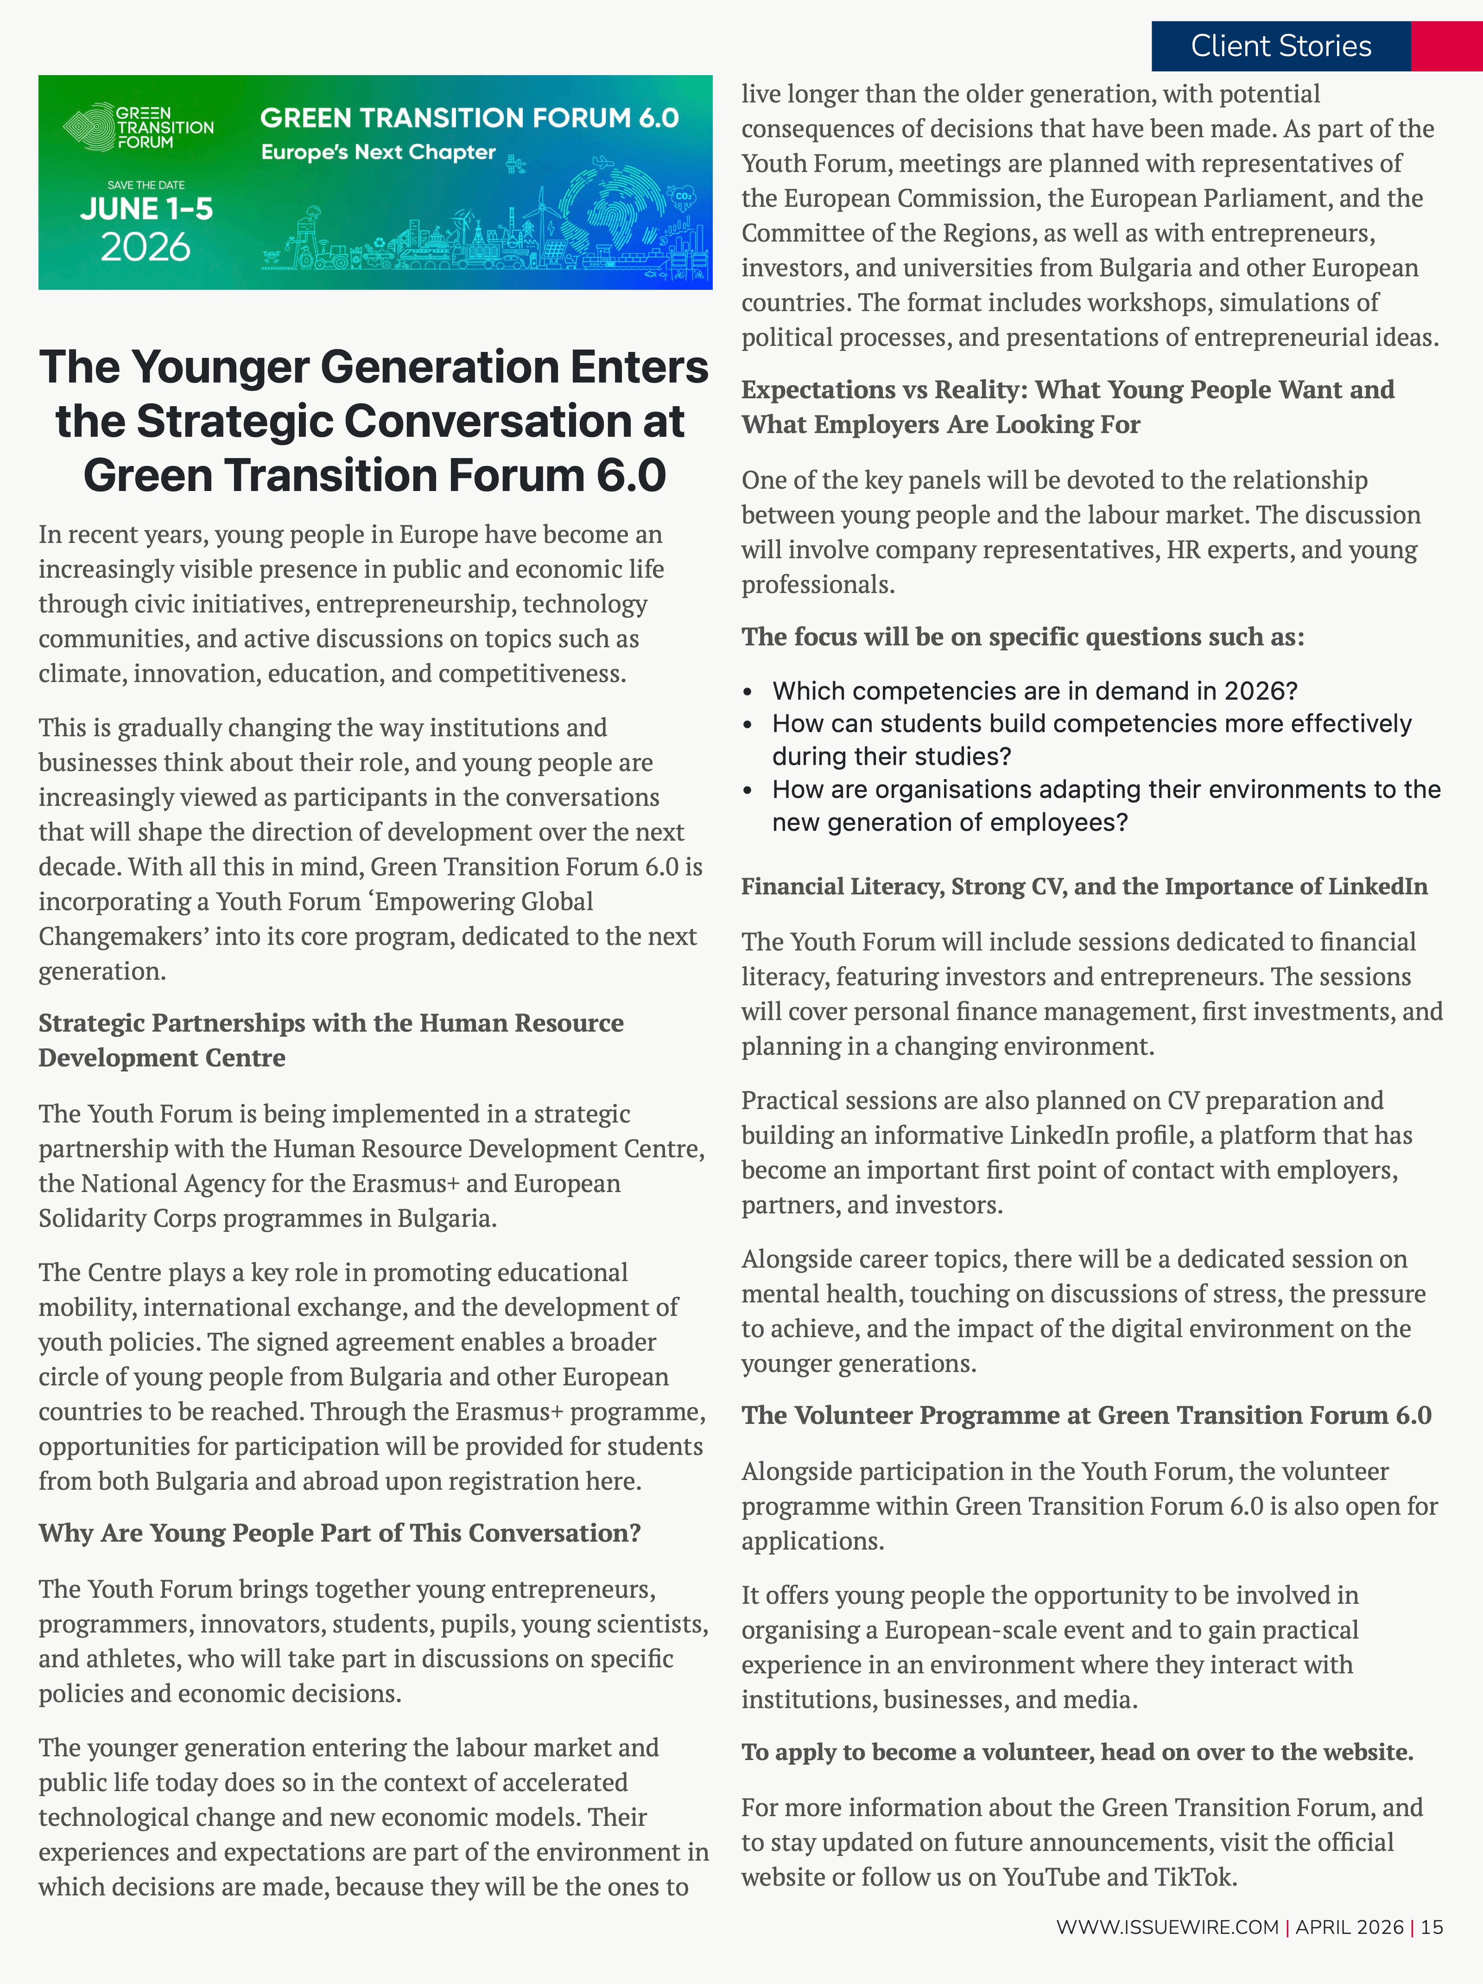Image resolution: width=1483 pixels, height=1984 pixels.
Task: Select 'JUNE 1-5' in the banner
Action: click(146, 209)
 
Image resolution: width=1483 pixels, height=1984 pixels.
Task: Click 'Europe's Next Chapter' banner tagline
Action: click(378, 153)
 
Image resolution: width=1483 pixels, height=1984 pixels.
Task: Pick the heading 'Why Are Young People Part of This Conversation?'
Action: click(339, 1533)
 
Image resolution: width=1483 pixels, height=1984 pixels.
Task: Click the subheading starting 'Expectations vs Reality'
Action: click(1067, 406)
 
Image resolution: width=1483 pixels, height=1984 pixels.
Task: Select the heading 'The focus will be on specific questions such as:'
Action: click(1022, 637)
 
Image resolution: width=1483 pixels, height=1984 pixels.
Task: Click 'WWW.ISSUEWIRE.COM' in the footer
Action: click(1166, 1927)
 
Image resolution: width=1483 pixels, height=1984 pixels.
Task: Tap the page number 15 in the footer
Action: click(1432, 1927)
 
